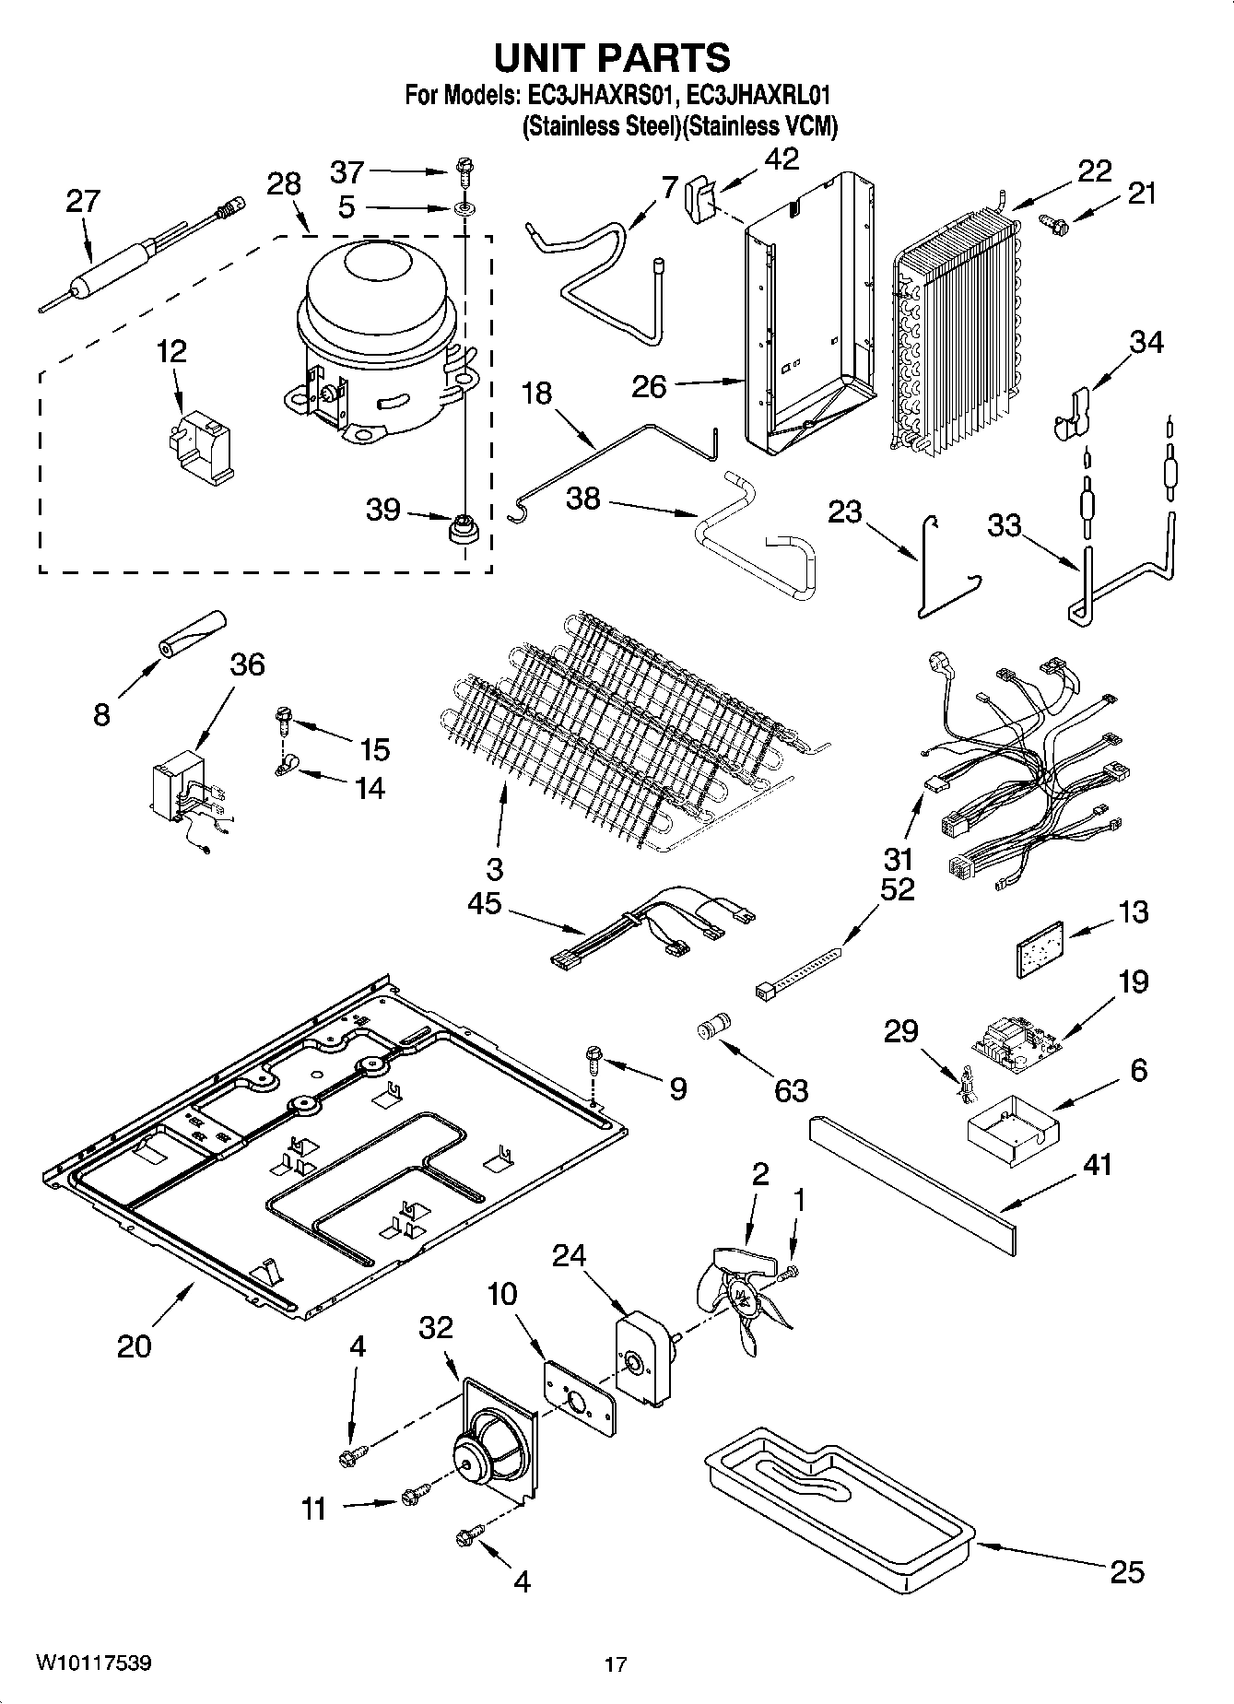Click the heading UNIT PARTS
612,57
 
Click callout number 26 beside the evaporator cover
648,386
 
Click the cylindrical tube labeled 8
192,635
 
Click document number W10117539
94,1663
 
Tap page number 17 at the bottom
615,1664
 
